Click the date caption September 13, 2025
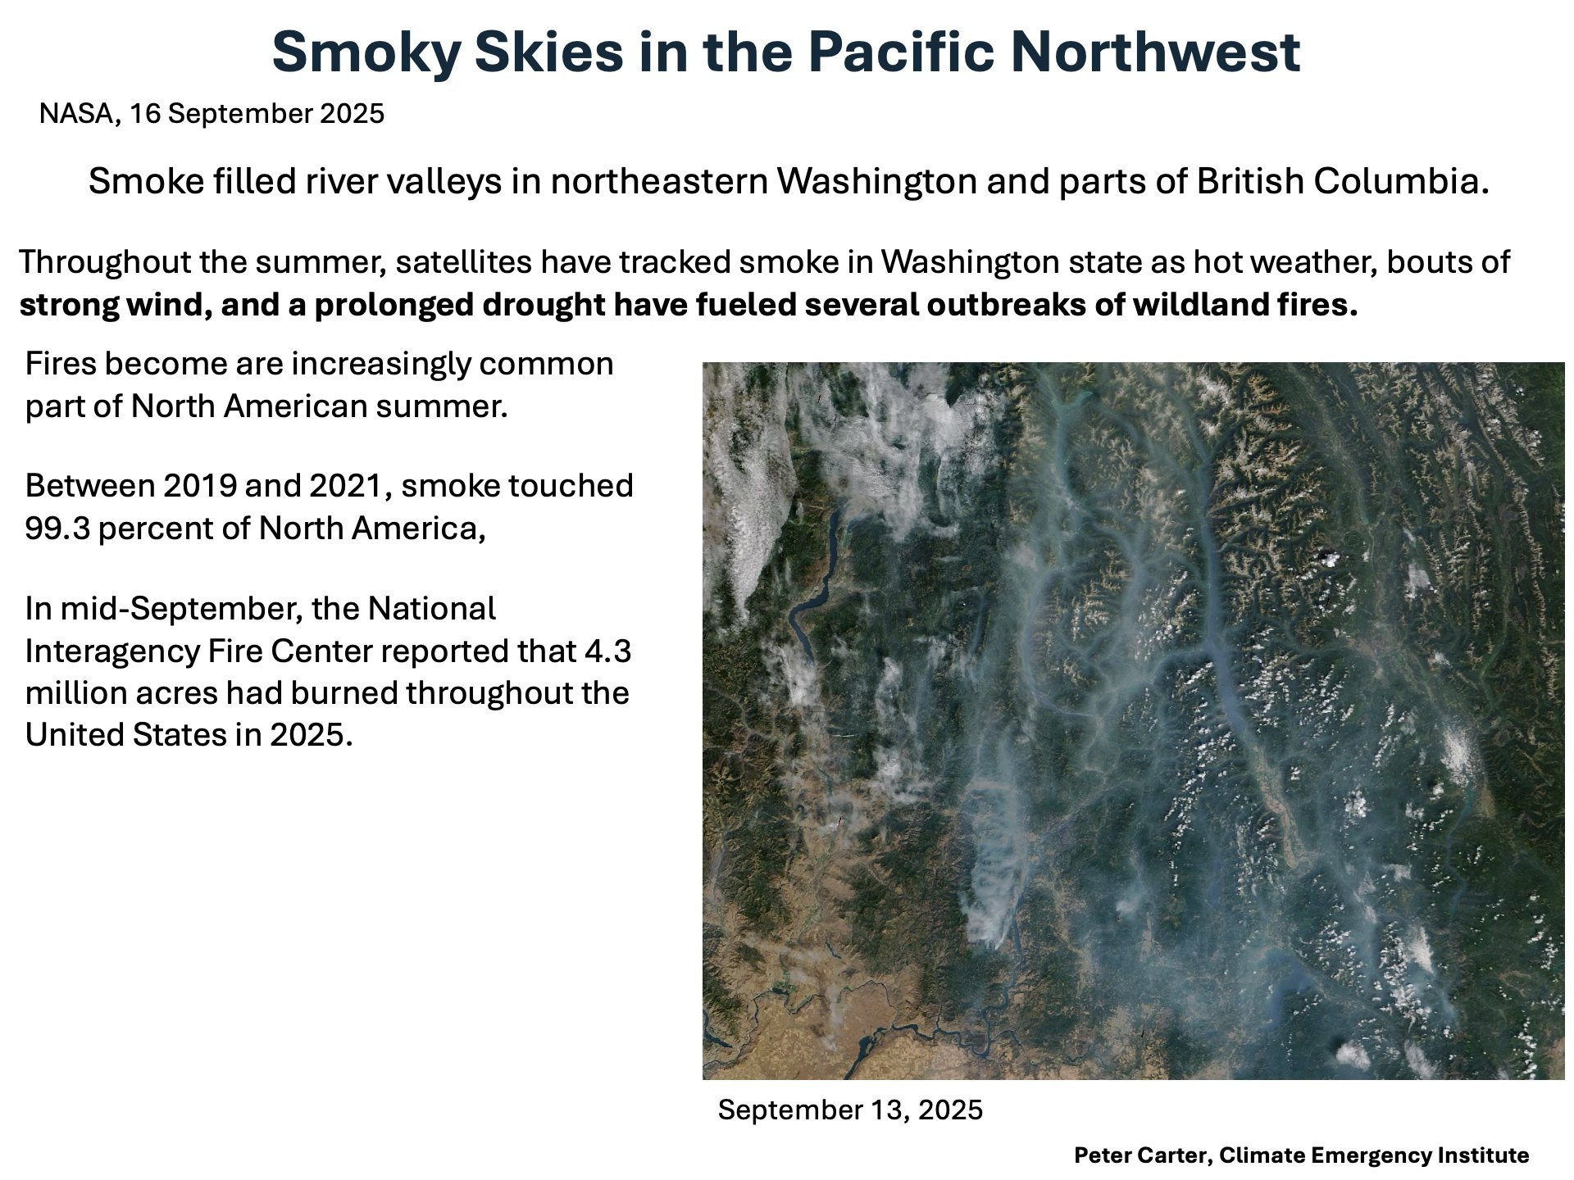(850, 1110)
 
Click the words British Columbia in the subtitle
(1342, 182)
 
